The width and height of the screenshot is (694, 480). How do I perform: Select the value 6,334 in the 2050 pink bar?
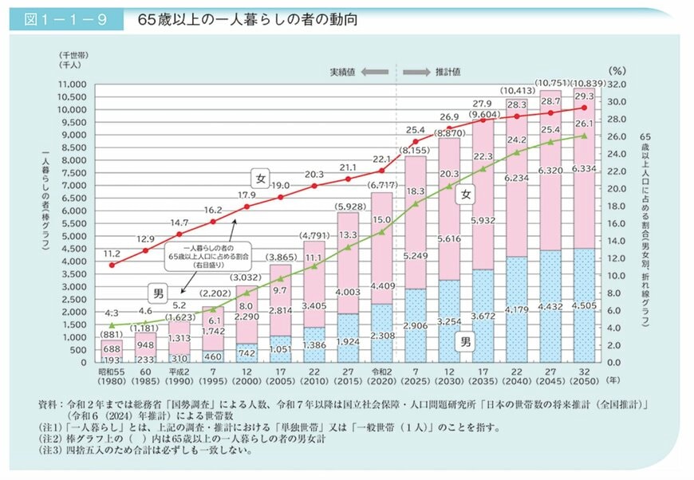click(x=587, y=169)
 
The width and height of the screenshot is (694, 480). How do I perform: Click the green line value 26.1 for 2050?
click(x=587, y=123)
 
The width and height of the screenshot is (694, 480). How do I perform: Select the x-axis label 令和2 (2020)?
click(x=382, y=375)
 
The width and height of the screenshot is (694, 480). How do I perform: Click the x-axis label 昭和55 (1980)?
click(x=112, y=375)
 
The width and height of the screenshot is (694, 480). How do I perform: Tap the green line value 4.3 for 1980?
click(x=112, y=313)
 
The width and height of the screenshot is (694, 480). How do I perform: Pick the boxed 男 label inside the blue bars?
click(x=467, y=342)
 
